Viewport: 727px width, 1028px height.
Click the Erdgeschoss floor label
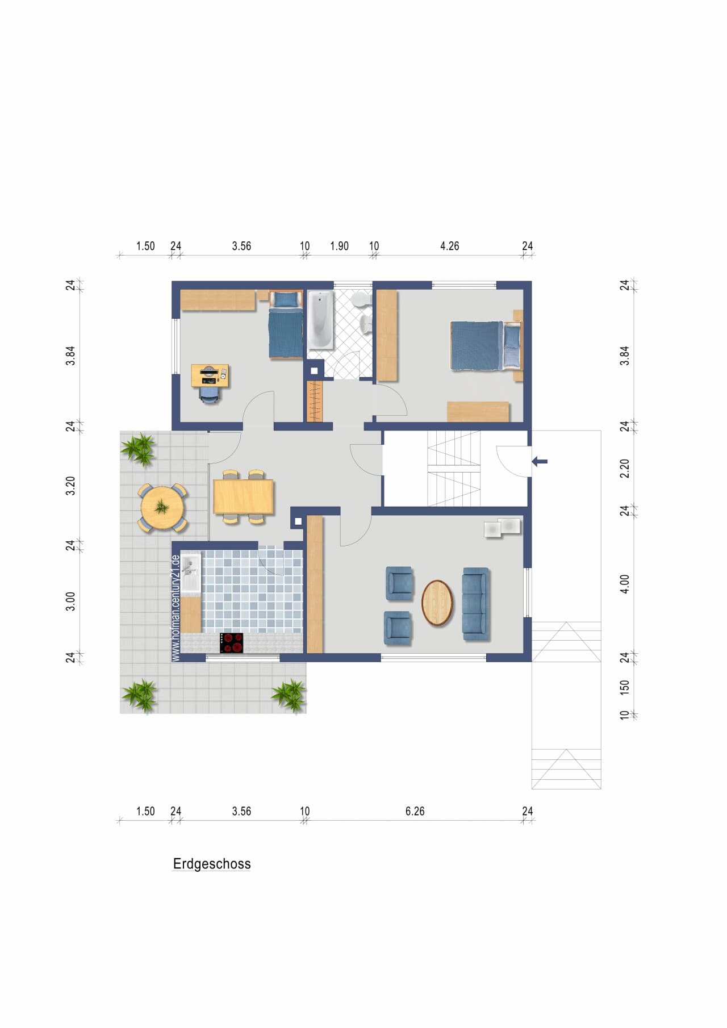point(212,864)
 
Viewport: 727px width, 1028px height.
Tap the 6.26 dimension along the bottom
point(415,811)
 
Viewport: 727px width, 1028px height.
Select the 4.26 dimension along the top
point(450,246)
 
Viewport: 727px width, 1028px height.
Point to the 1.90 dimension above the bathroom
point(340,246)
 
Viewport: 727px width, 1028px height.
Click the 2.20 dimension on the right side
point(625,469)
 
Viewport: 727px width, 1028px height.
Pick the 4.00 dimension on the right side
point(625,584)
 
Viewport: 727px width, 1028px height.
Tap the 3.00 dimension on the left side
point(70,601)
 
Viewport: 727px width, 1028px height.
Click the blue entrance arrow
point(540,462)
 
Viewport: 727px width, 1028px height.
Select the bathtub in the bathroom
point(320,320)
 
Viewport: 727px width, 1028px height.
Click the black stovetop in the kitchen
point(232,643)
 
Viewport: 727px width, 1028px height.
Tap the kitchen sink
point(190,572)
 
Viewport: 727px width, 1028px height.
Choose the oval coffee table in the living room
point(437,603)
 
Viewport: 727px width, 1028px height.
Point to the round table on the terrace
point(163,507)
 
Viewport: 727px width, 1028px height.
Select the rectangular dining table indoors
point(244,496)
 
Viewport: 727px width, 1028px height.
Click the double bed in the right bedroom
point(486,345)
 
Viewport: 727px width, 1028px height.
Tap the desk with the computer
point(210,375)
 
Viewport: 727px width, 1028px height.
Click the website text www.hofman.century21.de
point(176,608)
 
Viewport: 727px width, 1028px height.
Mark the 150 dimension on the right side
point(625,687)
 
